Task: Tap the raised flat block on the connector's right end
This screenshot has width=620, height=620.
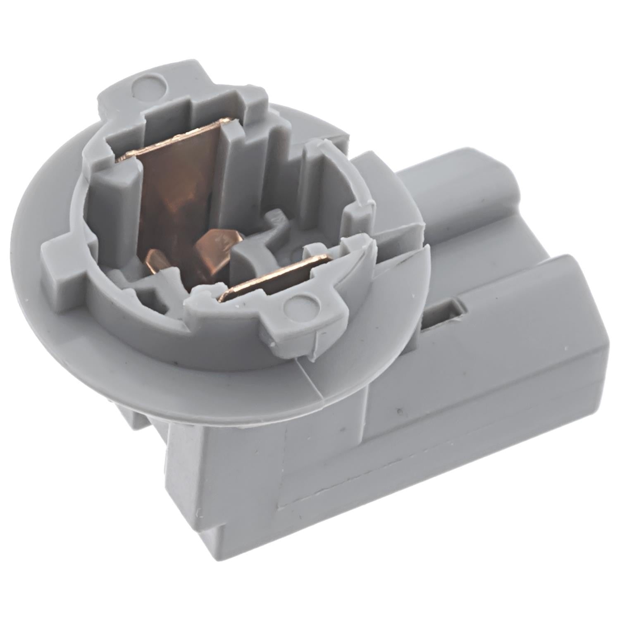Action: pyautogui.click(x=537, y=322)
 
